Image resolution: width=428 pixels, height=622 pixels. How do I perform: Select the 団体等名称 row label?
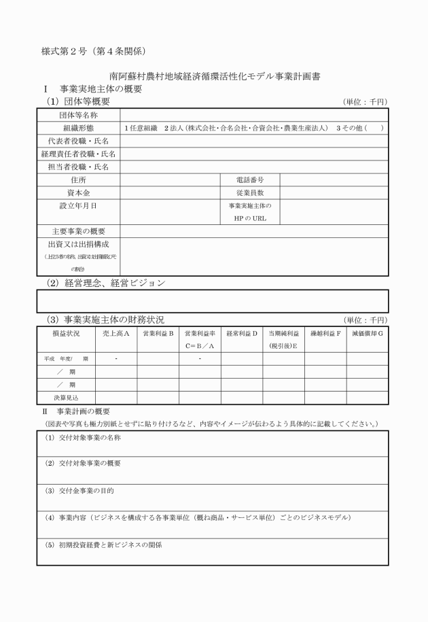(x=79, y=116)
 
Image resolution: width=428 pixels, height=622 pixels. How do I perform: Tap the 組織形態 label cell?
(x=79, y=128)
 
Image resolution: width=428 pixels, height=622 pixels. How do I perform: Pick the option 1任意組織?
(x=141, y=128)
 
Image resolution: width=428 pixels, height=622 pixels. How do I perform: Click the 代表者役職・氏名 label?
(x=79, y=141)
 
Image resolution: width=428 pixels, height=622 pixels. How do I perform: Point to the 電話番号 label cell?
(x=249, y=180)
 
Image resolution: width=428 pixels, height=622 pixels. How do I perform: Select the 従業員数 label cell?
(x=249, y=193)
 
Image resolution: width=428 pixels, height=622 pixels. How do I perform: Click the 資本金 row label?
(x=79, y=193)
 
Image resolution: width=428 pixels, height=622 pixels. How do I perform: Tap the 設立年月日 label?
(x=79, y=205)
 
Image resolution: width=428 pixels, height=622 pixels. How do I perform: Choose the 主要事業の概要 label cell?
(x=79, y=231)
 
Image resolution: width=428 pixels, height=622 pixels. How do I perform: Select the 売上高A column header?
(x=116, y=333)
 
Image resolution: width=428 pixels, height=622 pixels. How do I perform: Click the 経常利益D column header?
(x=242, y=333)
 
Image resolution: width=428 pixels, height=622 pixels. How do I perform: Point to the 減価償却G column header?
(x=368, y=333)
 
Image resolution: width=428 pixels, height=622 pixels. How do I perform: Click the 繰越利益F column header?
(x=326, y=333)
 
